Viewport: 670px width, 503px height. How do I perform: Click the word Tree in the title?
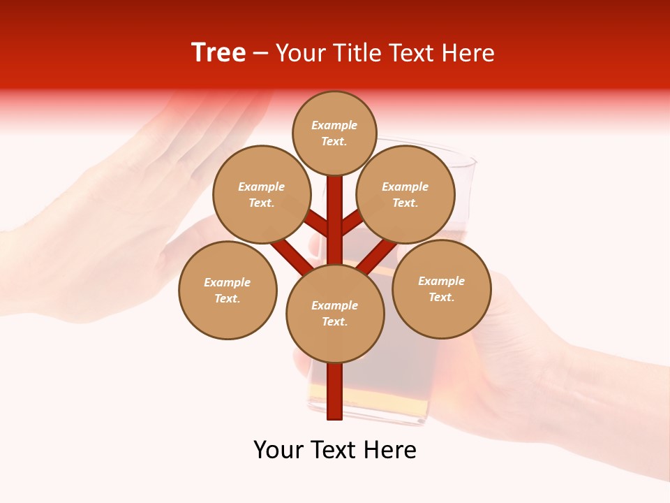pyautogui.click(x=218, y=52)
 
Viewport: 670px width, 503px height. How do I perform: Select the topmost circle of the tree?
pyautogui.click(x=334, y=133)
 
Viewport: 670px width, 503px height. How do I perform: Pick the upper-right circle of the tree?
pyautogui.click(x=405, y=194)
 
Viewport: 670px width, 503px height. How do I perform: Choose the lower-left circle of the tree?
pyautogui.click(x=228, y=290)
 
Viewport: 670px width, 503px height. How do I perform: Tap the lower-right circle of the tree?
pyautogui.click(x=441, y=289)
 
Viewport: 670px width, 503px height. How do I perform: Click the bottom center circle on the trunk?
pyautogui.click(x=335, y=314)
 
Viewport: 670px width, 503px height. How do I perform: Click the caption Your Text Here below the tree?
pyautogui.click(x=335, y=450)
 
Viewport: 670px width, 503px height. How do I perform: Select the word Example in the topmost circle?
pyautogui.click(x=334, y=125)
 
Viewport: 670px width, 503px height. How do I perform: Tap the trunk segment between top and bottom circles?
pyautogui.click(x=335, y=224)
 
